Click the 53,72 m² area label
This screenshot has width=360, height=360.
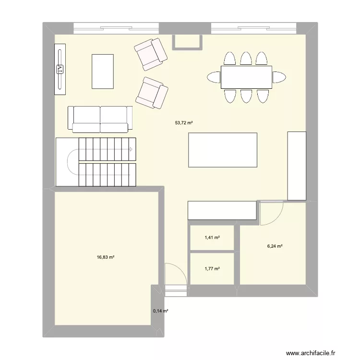184,123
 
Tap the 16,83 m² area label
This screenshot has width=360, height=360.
106,257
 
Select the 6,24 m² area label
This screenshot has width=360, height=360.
275,247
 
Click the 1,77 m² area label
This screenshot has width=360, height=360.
212,269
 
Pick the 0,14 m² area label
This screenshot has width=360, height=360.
161,311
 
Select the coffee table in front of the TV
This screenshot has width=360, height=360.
103,72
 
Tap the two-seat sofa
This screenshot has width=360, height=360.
100,119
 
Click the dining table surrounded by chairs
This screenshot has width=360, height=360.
246,77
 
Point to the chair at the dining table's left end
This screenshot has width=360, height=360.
214,77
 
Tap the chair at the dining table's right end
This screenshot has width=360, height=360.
279,77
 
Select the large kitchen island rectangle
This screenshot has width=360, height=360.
223,150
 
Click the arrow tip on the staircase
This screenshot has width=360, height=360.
131,149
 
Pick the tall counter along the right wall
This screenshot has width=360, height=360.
297,165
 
